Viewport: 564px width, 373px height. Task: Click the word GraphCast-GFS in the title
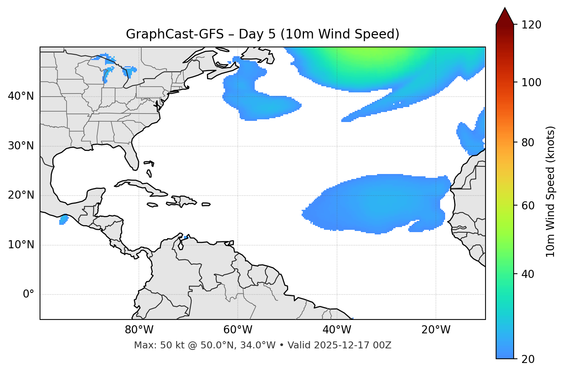(175, 34)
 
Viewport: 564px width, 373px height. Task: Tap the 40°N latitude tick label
(21, 96)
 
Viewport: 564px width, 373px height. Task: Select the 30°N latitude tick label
(21, 146)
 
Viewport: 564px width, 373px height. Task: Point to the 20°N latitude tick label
(21, 195)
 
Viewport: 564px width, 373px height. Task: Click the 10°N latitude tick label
(21, 245)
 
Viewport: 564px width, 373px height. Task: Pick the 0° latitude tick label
(28, 294)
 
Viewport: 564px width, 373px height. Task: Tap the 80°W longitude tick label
(139, 330)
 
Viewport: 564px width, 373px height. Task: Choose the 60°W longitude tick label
(238, 330)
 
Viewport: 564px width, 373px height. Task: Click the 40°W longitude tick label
(337, 330)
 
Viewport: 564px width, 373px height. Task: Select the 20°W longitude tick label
(436, 330)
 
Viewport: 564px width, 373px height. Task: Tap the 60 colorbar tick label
(529, 206)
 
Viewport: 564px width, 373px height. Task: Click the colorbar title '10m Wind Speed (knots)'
(551, 191)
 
